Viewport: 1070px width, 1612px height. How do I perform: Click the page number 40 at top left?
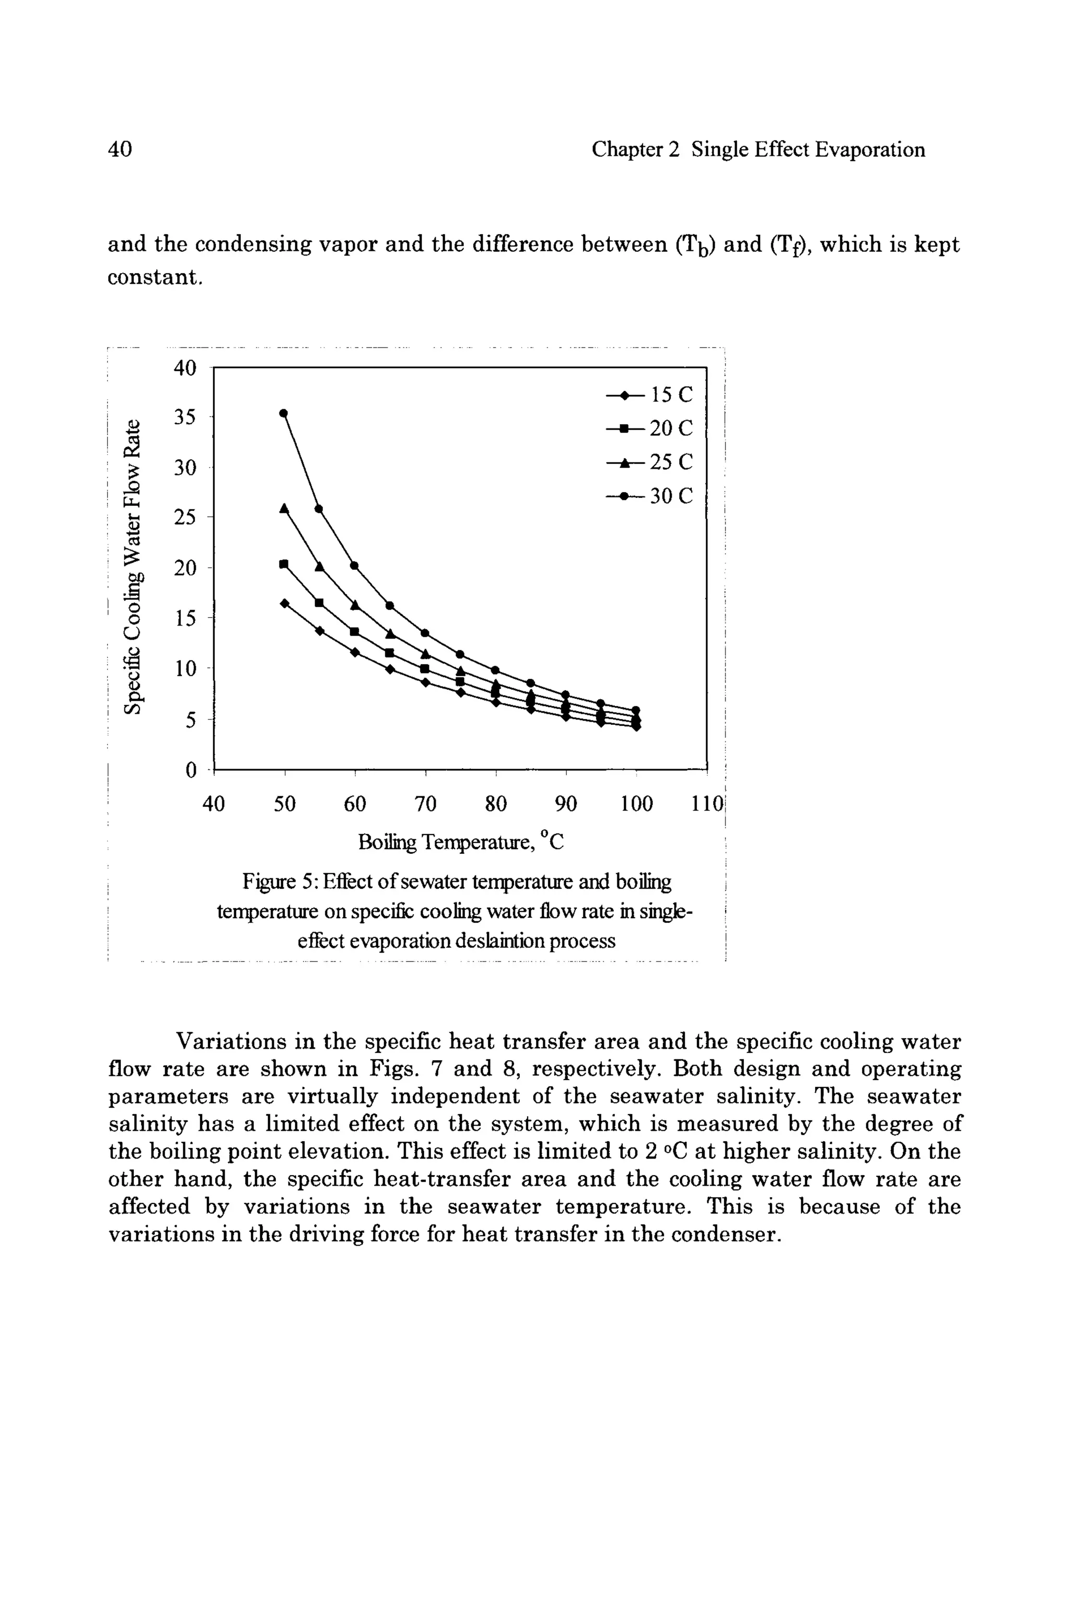[120, 149]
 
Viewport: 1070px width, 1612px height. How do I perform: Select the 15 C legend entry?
[649, 395]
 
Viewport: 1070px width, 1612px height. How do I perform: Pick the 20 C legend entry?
[649, 428]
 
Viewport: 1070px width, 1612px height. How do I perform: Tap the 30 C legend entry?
[649, 496]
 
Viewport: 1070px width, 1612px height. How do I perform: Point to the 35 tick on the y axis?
[184, 417]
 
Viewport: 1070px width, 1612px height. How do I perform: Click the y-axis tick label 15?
[184, 618]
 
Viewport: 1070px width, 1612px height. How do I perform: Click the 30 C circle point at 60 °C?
[354, 565]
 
